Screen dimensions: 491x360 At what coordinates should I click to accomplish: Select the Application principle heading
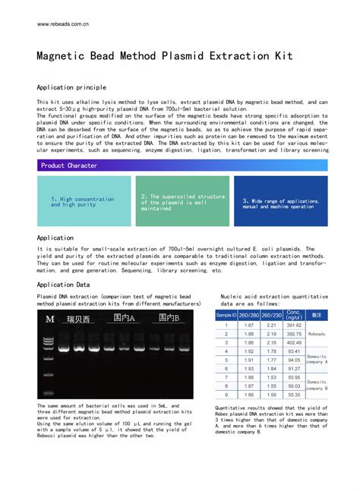point(71,88)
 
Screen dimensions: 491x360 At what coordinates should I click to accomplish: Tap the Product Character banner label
point(69,165)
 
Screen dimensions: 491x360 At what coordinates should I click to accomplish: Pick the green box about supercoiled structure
point(182,202)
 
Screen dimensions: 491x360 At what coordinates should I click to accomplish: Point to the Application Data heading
point(63,285)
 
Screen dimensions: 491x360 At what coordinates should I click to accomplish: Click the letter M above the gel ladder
point(50,319)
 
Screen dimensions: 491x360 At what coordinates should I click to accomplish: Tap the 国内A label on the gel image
point(124,319)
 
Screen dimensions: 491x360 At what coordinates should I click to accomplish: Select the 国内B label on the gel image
point(169,318)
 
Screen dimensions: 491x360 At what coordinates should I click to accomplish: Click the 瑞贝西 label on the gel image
point(78,319)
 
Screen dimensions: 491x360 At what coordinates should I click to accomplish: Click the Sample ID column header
point(226,314)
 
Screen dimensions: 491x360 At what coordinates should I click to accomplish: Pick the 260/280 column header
point(248,314)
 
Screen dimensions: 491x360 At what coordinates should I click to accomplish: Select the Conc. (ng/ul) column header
point(293,314)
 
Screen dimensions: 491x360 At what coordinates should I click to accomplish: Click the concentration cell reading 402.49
point(293,343)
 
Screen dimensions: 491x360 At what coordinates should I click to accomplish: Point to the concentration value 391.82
point(293,326)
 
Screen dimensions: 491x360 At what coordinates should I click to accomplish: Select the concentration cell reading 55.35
point(293,395)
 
